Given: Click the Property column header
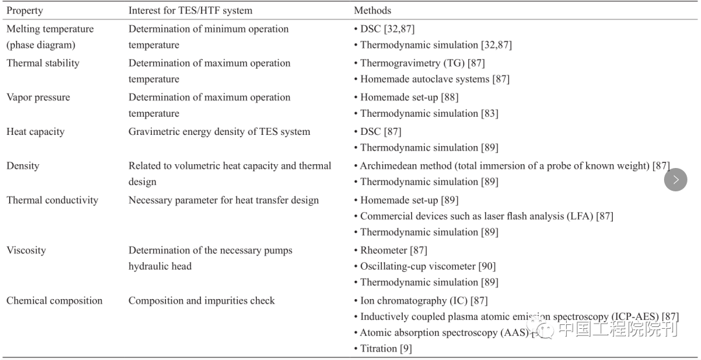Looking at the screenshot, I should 25,10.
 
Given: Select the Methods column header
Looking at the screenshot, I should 372,10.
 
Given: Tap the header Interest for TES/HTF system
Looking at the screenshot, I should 190,10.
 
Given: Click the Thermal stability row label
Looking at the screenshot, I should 43,63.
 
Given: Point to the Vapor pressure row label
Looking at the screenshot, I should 38,97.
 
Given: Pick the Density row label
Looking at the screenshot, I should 23,166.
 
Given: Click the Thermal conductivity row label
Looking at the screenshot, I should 53,200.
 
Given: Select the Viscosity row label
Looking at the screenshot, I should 26,250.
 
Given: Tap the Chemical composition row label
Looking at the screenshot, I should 54,301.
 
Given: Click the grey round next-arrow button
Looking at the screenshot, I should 675,180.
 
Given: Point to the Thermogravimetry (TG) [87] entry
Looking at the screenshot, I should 422,63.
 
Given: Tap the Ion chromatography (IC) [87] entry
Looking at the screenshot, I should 423,301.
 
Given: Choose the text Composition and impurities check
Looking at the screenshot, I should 202,301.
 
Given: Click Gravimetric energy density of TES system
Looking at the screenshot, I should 219,132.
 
